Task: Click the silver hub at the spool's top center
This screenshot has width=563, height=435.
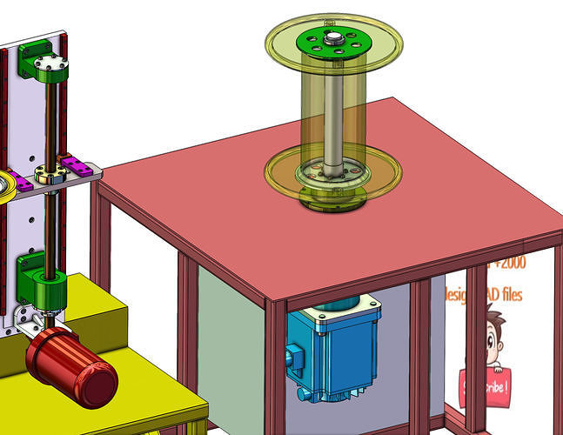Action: pyautogui.click(x=334, y=37)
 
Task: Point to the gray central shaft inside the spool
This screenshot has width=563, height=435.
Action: pyautogui.click(x=334, y=113)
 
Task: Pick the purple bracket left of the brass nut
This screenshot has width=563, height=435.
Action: pyautogui.click(x=23, y=180)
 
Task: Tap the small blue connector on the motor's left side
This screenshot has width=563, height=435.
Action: pyautogui.click(x=292, y=357)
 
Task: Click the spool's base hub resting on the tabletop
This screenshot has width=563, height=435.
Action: pyautogui.click(x=332, y=197)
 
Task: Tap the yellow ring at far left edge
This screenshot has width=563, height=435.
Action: pyautogui.click(x=4, y=186)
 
